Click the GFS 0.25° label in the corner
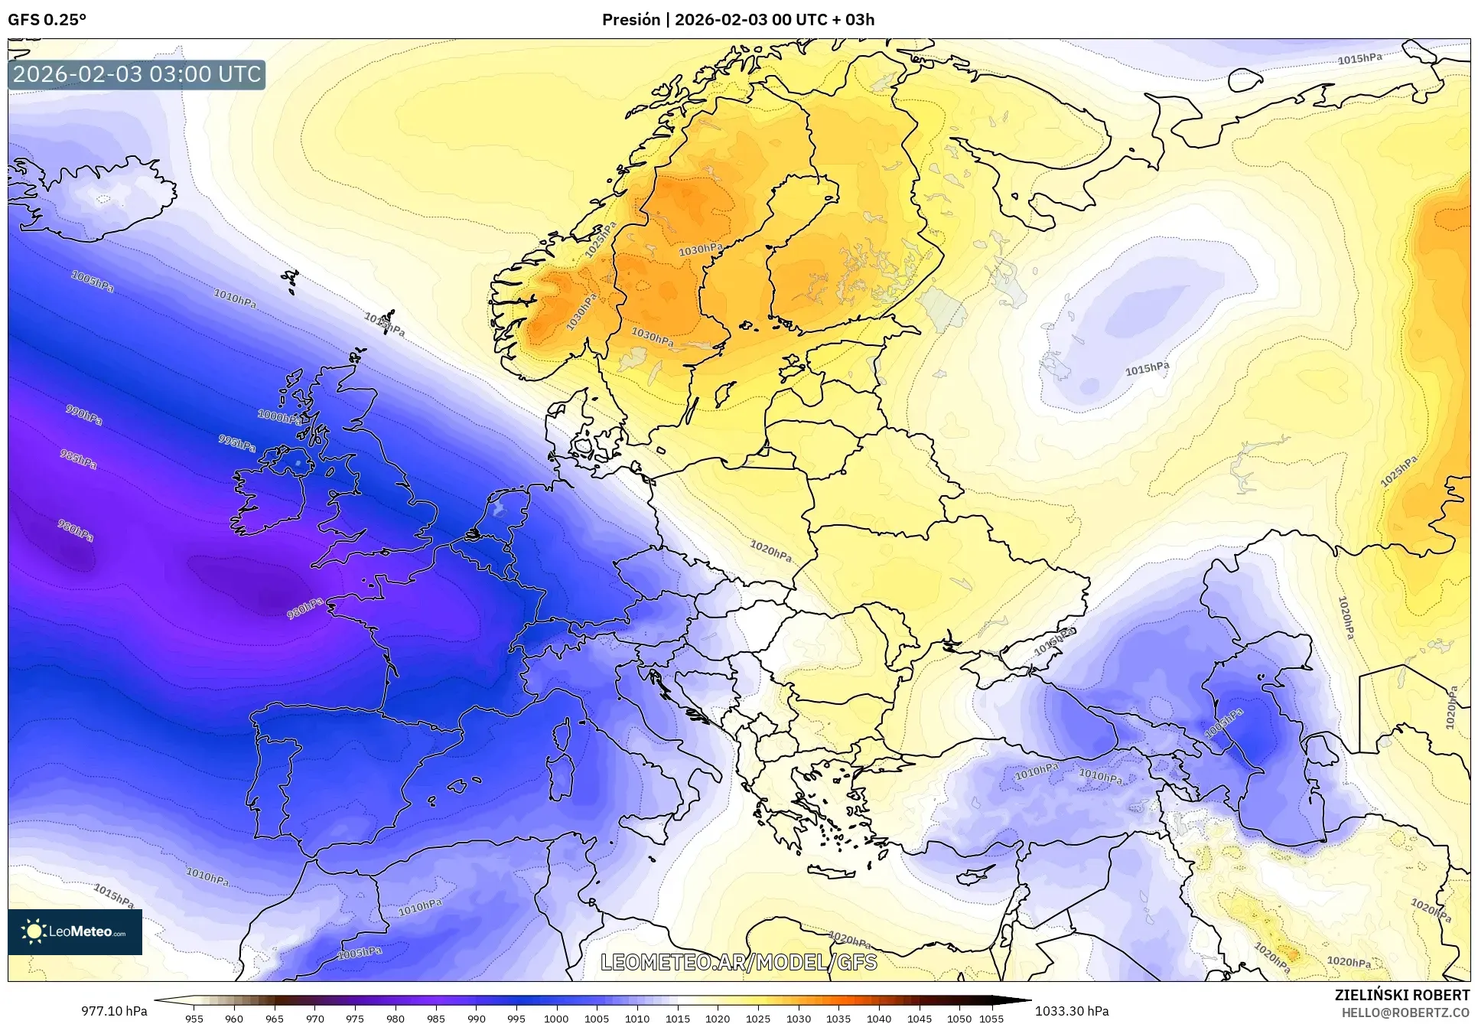pos(47,20)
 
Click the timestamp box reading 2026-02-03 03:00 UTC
pos(137,75)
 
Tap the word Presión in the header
pos(630,20)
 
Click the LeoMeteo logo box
pos(75,931)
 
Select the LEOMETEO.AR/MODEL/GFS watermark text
pos(738,962)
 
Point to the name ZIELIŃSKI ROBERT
pos(1401,995)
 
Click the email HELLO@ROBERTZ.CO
pos(1405,1013)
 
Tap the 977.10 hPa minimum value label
pos(114,1011)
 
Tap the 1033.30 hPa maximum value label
pos(1072,1011)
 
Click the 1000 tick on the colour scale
pos(556,1019)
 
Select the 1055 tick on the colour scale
pos(991,1019)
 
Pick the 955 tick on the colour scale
pos(194,1019)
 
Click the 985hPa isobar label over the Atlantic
pos(78,460)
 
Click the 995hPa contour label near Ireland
pos(237,443)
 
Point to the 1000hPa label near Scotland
pos(279,417)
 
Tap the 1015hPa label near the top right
pos(1359,59)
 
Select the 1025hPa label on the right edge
pos(1398,471)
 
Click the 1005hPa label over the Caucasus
pos(1224,723)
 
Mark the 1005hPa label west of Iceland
pos(93,281)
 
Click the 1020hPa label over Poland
pos(770,550)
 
